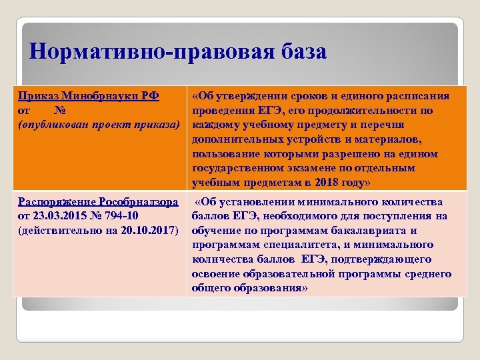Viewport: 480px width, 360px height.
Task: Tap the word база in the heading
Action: [298, 52]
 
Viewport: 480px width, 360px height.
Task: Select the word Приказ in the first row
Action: [37, 96]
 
